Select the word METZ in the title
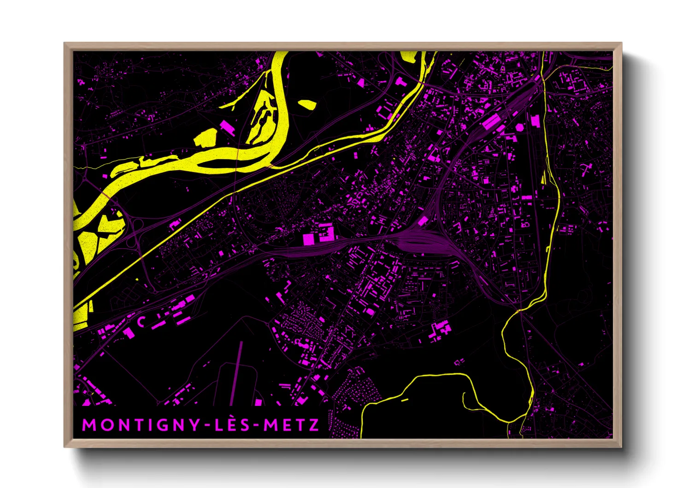click(x=291, y=425)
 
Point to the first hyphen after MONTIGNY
click(x=208, y=425)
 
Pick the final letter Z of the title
click(x=314, y=425)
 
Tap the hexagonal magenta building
click(x=520, y=126)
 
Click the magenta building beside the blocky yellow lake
click(x=228, y=127)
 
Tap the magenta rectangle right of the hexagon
click(x=535, y=121)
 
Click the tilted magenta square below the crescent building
click(x=129, y=333)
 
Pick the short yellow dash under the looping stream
click(x=405, y=400)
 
